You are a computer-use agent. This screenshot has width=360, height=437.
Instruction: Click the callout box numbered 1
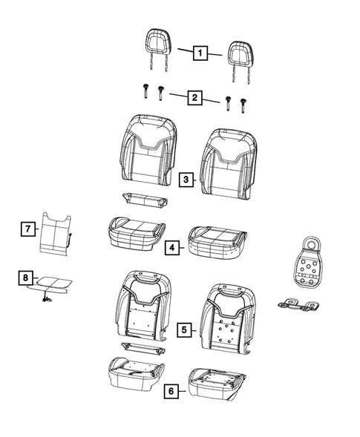200,53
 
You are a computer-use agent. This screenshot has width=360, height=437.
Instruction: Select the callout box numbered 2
194,97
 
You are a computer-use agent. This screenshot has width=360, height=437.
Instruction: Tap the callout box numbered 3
186,180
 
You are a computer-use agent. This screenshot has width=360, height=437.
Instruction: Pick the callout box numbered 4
172,247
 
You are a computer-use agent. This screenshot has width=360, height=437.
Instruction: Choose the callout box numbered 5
184,329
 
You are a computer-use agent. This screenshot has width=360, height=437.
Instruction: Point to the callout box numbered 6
171,391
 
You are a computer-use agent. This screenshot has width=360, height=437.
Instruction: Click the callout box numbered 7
28,229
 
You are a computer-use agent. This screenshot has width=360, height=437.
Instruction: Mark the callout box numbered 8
25,277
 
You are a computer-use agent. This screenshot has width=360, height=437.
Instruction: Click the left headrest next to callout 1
159,49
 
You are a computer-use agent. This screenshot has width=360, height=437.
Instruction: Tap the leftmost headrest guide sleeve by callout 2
145,91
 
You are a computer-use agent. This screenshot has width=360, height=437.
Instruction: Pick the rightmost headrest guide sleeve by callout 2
243,105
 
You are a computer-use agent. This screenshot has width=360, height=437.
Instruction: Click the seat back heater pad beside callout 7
56,234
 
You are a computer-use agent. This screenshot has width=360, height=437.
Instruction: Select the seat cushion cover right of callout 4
217,242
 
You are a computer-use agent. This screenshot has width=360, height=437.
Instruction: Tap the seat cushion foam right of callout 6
217,384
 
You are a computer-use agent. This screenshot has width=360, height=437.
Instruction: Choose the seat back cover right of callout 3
229,164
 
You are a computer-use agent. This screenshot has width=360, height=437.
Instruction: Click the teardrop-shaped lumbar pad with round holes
307,261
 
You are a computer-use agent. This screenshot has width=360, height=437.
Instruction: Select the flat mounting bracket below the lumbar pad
298,304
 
